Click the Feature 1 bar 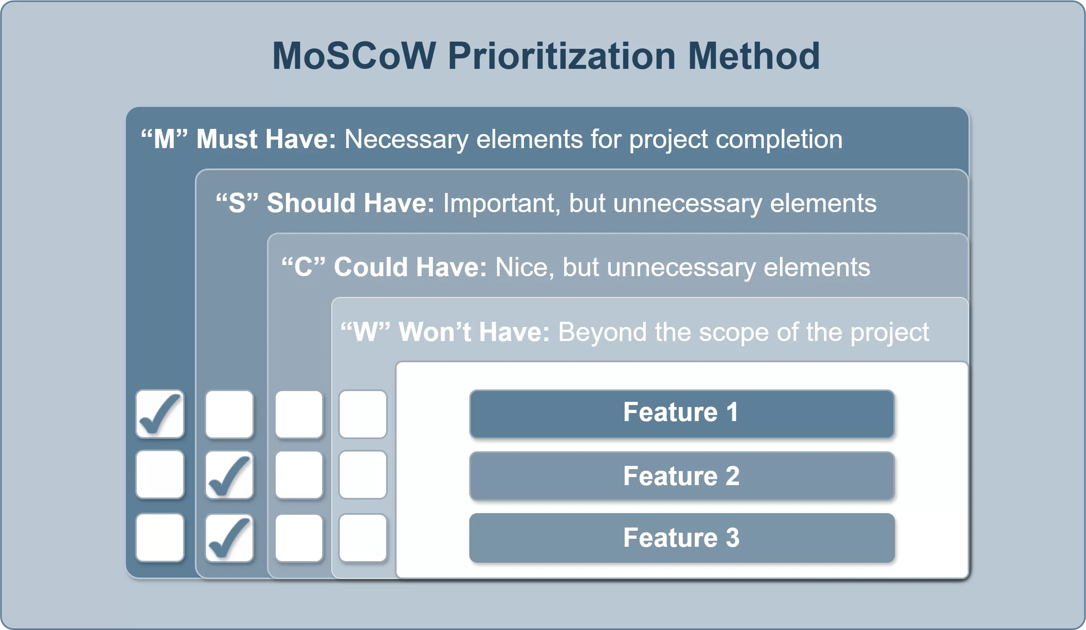pyautogui.click(x=682, y=414)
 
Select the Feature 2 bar pyautogui.click(x=682, y=476)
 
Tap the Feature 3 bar pyautogui.click(x=682, y=538)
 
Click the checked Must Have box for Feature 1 pyautogui.click(x=160, y=414)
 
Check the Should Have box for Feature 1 pyautogui.click(x=229, y=414)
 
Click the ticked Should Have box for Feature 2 pyautogui.click(x=229, y=475)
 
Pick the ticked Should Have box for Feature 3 pyautogui.click(x=229, y=538)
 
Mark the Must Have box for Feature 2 pyautogui.click(x=160, y=474)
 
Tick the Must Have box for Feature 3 pyautogui.click(x=160, y=537)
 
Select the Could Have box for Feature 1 pyautogui.click(x=299, y=414)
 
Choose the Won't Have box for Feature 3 pyautogui.click(x=363, y=538)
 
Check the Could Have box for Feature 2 pyautogui.click(x=299, y=475)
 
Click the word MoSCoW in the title pyautogui.click(x=354, y=56)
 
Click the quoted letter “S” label pyautogui.click(x=237, y=203)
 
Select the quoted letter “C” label pyautogui.click(x=303, y=267)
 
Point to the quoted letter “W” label pyautogui.click(x=365, y=331)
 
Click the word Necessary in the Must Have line pyautogui.click(x=407, y=140)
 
